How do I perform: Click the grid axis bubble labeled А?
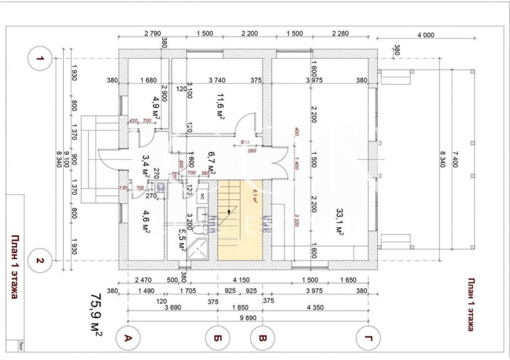129,338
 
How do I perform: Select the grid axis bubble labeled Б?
218,338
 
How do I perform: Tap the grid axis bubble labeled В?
262,338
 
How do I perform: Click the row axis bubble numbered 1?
40,59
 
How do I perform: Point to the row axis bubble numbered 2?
40,261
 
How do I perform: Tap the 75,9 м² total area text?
96,314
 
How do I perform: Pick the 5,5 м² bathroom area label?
181,238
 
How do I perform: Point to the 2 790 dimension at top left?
152,34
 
